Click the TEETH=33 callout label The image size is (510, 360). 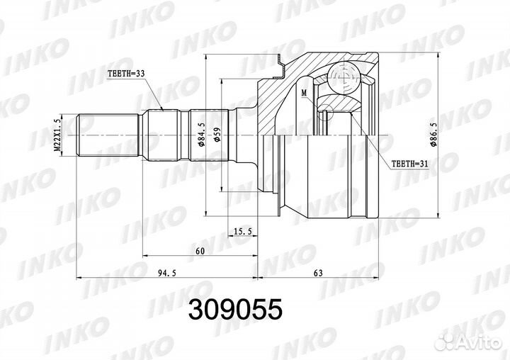pos(126,74)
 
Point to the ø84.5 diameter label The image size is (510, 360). pos(201,135)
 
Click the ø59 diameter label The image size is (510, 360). pos(217,135)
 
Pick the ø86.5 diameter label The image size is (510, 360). pos(433,135)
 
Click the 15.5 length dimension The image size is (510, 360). pos(243,232)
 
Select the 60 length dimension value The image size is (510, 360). pos(200,251)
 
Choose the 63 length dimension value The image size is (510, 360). pos(319,273)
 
